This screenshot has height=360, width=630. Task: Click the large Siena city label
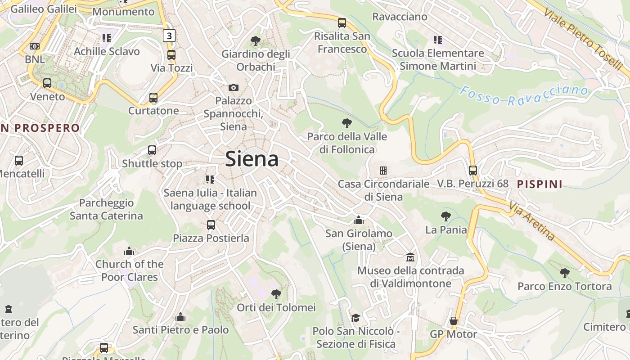click(x=252, y=159)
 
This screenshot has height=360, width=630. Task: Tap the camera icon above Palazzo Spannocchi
click(x=233, y=87)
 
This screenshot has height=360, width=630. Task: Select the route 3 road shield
click(x=169, y=36)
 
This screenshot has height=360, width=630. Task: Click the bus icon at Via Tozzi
click(x=171, y=55)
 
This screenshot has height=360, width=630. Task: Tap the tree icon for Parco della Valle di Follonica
click(x=346, y=123)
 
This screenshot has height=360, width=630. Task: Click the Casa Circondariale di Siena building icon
click(x=383, y=171)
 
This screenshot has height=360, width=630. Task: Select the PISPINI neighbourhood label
click(x=540, y=184)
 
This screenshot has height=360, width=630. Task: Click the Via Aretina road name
click(x=532, y=221)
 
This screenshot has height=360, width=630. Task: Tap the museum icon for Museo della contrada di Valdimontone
click(x=410, y=257)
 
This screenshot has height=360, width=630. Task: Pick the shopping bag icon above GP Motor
click(x=454, y=321)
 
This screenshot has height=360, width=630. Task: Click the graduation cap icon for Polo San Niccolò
click(x=355, y=318)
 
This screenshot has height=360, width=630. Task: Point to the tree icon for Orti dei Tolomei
click(x=276, y=294)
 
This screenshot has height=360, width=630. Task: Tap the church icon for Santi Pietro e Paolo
click(x=180, y=317)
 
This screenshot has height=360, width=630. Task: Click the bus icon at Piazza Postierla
click(x=211, y=225)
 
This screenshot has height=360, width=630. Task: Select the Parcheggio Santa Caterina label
click(x=106, y=209)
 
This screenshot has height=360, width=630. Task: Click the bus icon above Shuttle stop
click(x=152, y=150)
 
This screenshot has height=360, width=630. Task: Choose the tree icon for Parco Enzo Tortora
click(x=564, y=273)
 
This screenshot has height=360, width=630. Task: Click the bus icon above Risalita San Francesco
click(x=342, y=22)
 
